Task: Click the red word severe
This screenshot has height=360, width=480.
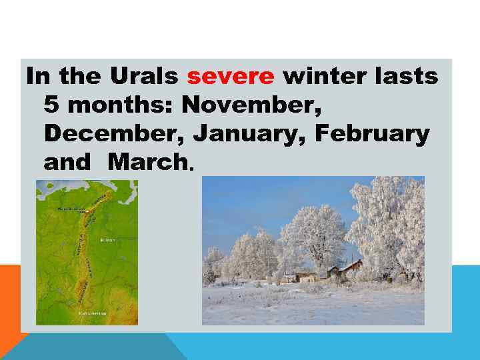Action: click(231, 77)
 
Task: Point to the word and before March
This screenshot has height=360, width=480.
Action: click(66, 162)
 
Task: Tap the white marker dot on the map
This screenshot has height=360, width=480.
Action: click(88, 211)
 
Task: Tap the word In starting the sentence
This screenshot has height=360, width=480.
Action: click(37, 77)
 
